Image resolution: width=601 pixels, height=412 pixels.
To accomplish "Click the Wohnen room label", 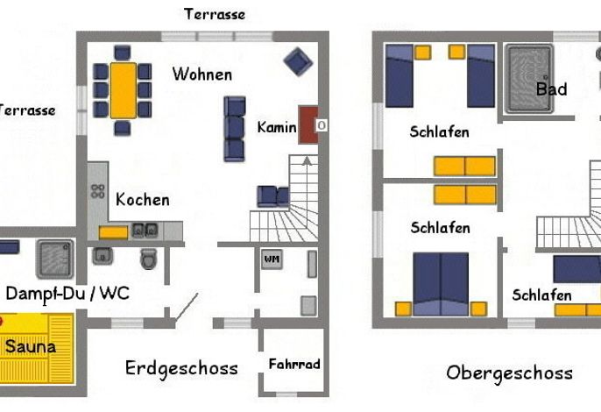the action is pyautogui.click(x=202, y=74).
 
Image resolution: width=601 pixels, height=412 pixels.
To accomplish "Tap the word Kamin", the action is pyautogui.click(x=277, y=127).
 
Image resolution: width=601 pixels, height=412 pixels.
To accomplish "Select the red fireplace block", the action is pyautogui.click(x=308, y=125).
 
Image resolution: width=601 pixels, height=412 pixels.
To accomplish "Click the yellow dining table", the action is pyautogui.click(x=123, y=90).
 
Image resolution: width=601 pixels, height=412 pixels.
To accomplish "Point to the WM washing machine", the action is pyautogui.click(x=272, y=259).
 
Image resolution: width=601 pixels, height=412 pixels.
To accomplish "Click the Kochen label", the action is pyautogui.click(x=143, y=200).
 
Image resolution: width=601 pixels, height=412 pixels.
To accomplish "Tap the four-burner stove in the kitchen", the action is pyautogui.click(x=98, y=191).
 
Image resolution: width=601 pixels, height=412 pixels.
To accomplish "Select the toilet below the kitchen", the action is pyautogui.click(x=149, y=259).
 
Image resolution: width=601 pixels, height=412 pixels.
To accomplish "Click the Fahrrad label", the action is pyautogui.click(x=294, y=364).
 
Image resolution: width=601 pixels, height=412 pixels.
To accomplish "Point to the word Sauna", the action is pyautogui.click(x=31, y=347).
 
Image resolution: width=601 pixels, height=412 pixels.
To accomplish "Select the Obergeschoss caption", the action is pyautogui.click(x=510, y=373).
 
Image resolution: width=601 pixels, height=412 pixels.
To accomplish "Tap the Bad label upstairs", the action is pyautogui.click(x=552, y=89).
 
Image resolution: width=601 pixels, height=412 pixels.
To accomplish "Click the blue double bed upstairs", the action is pyautogui.click(x=441, y=284).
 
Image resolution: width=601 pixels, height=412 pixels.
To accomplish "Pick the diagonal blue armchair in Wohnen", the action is pyautogui.click(x=298, y=61).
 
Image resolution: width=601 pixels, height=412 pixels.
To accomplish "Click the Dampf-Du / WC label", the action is pyautogui.click(x=67, y=295).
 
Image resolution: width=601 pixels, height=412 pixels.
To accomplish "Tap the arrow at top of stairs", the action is pyautogui.click(x=307, y=160).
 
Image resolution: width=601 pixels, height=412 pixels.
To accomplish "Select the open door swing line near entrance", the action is pyautogui.click(x=187, y=307).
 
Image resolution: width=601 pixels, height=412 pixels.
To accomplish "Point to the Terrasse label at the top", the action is pyautogui.click(x=215, y=14).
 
